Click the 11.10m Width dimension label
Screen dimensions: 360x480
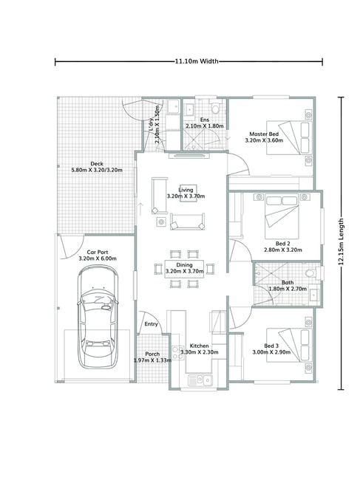point(197,61)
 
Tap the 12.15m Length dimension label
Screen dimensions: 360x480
point(341,241)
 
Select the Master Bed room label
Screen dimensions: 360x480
point(264,134)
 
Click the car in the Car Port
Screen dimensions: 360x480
point(98,317)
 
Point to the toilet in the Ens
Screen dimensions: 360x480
point(216,107)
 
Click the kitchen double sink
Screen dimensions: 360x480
point(200,380)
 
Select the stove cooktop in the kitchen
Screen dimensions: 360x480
point(177,352)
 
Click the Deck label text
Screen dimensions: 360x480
point(97,164)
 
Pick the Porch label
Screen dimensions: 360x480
point(152,354)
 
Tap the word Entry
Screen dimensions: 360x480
point(151,324)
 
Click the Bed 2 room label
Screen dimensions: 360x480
point(283,244)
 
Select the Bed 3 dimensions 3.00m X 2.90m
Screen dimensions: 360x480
point(271,352)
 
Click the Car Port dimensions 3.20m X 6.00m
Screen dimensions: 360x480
point(98,258)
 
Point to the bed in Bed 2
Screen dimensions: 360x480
point(282,216)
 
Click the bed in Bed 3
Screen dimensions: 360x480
point(289,346)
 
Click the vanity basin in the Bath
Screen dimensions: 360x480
point(314,295)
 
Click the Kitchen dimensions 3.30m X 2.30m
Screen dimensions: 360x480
point(200,352)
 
